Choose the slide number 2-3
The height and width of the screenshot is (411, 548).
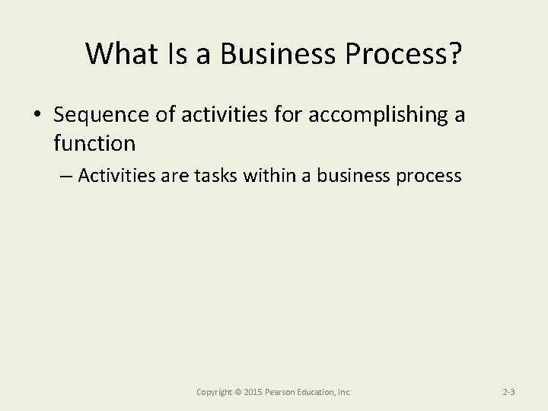click(x=510, y=392)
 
